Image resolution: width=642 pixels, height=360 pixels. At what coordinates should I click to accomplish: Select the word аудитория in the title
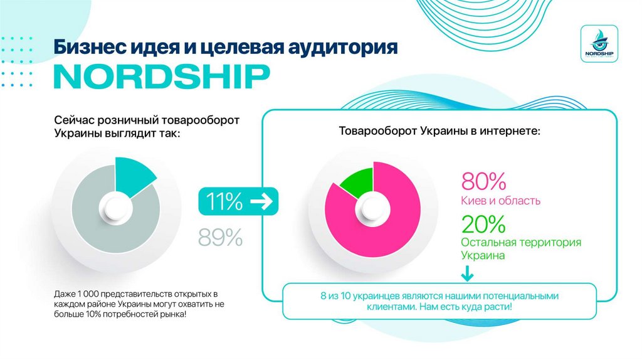[344, 48]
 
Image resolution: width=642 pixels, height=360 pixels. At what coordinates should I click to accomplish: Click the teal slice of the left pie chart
[134, 175]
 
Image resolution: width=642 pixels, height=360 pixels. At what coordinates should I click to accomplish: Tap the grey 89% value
[220, 237]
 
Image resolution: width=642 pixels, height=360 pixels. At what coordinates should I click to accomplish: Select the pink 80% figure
[483, 181]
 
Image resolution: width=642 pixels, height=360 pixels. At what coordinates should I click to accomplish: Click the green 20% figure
[483, 223]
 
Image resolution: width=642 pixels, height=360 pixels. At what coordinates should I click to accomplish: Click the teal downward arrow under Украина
[467, 275]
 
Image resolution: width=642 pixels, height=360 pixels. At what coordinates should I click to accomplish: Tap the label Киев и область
[500, 201]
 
